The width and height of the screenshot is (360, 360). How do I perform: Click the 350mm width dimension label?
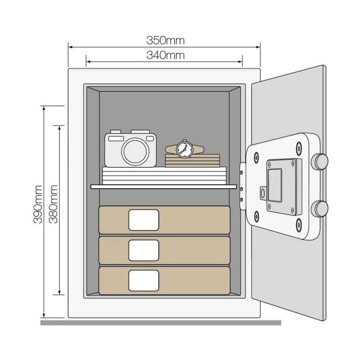[x=165, y=40]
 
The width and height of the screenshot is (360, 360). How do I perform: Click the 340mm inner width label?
[x=165, y=55]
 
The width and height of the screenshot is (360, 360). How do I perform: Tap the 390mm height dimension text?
[x=38, y=204]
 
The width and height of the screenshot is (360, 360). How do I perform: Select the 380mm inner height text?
[x=53, y=204]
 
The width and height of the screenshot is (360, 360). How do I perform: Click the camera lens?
[x=135, y=152]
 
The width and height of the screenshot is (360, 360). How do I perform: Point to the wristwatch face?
[x=184, y=150]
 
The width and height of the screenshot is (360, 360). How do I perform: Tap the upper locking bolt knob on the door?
[x=319, y=162]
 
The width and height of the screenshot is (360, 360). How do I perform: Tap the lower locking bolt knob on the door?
[x=319, y=209]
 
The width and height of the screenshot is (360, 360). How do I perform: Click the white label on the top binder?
[x=144, y=220]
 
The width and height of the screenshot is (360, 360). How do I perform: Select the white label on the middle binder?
[x=144, y=250]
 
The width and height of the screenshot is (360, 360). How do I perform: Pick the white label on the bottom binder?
[x=144, y=280]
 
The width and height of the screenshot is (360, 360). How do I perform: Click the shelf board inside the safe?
[x=164, y=187]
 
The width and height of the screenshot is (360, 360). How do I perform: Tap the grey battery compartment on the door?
[x=284, y=187]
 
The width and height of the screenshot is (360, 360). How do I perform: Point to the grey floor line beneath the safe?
[x=161, y=323]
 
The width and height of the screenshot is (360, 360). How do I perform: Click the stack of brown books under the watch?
[x=193, y=161]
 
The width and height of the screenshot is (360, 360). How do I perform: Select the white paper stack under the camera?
[x=164, y=175]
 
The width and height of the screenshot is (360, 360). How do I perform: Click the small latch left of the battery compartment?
[x=263, y=193]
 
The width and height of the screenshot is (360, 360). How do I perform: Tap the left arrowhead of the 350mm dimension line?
[x=71, y=47]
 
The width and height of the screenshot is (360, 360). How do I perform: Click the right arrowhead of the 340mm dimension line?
[x=240, y=62]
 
